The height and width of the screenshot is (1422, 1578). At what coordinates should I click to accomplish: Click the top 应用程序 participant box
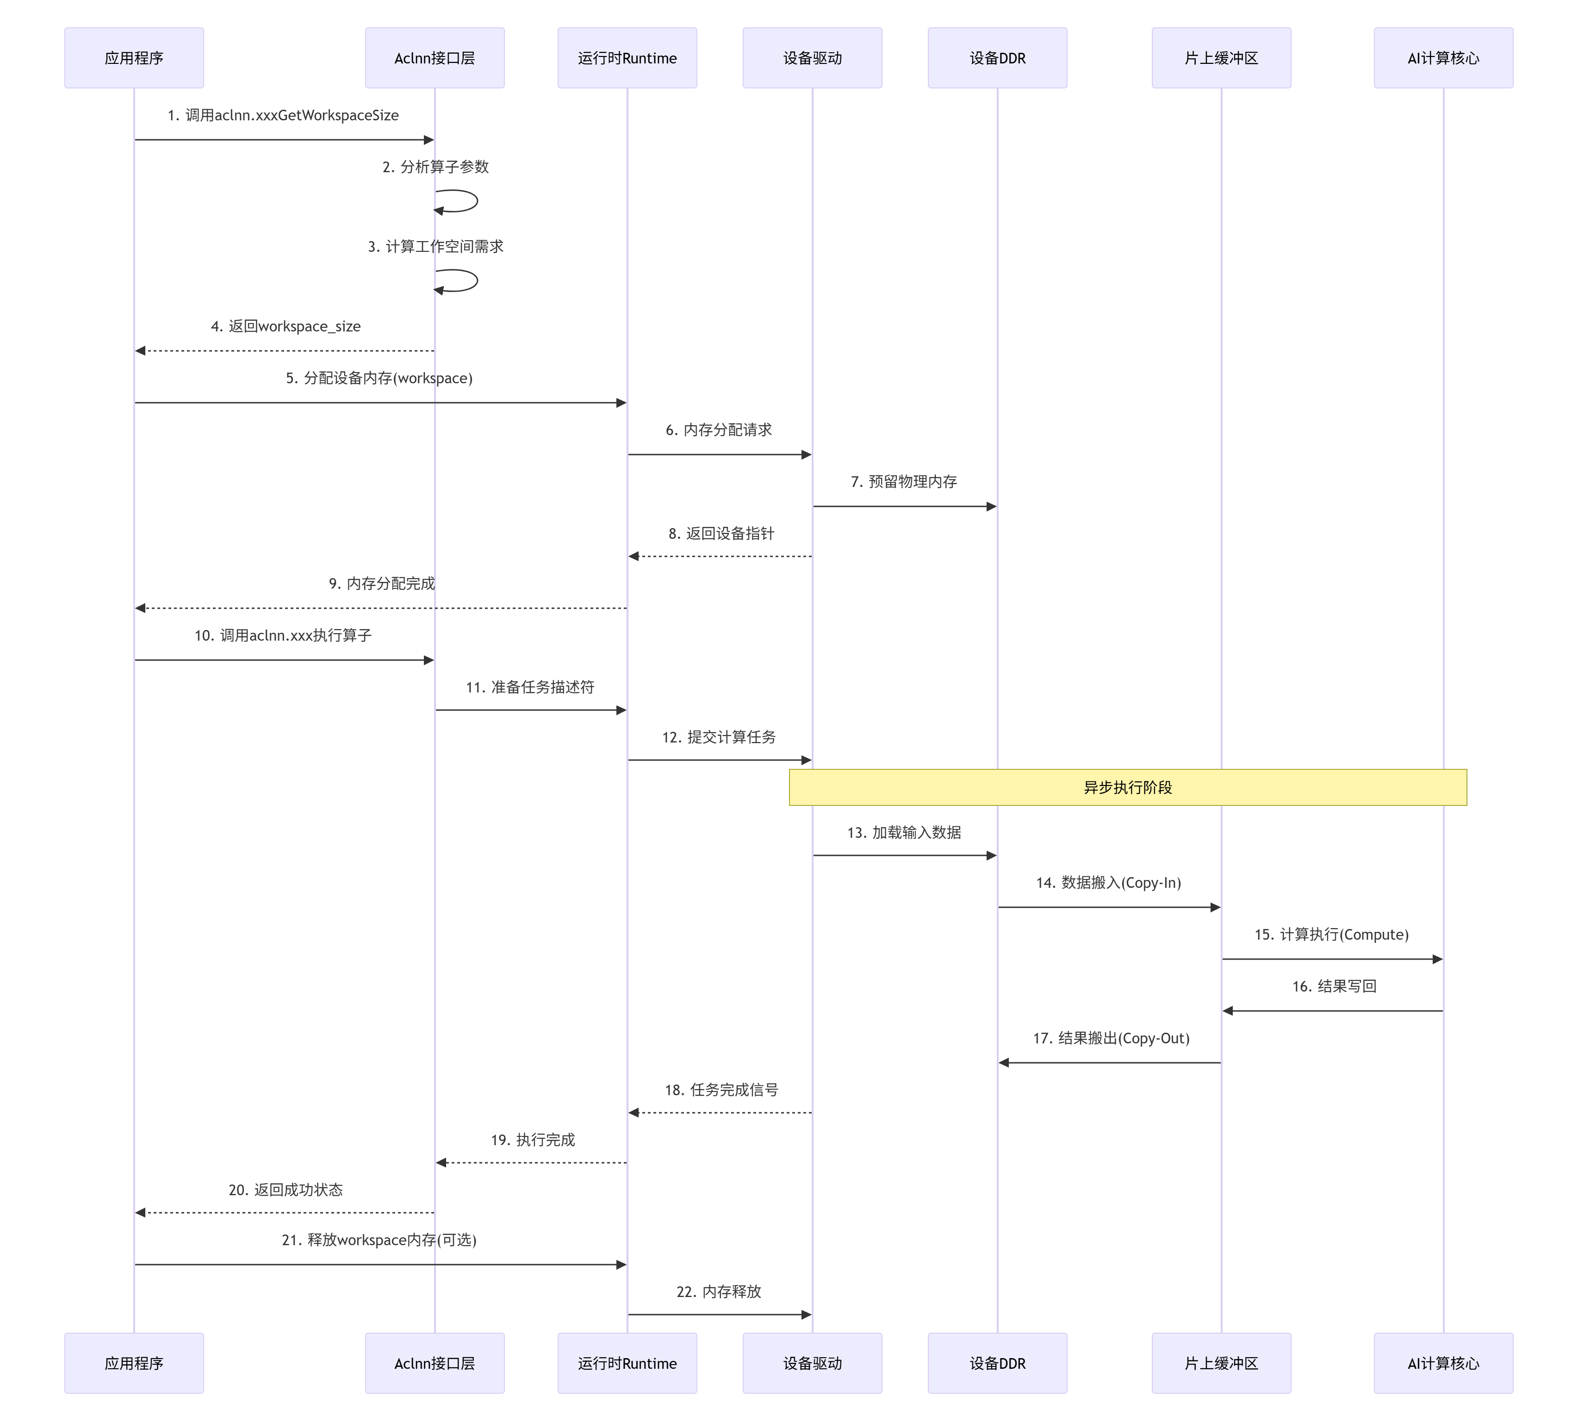(x=134, y=58)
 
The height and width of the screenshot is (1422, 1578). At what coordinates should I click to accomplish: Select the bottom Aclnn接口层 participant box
(x=435, y=1363)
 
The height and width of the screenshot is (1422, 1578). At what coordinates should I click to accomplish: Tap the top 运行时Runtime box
(x=627, y=58)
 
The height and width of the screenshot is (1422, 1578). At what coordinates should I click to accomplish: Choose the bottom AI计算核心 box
(x=1443, y=1363)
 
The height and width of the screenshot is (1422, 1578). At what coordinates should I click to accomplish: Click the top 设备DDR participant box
(x=997, y=58)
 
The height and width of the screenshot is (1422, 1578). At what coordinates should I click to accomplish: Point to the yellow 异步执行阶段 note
(x=1127, y=787)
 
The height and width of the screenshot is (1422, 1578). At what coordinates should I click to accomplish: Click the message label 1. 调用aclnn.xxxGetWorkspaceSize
(x=283, y=116)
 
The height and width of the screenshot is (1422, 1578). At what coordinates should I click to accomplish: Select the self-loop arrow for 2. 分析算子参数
(x=461, y=201)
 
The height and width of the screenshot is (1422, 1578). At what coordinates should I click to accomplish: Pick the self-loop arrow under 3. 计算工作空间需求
(x=461, y=281)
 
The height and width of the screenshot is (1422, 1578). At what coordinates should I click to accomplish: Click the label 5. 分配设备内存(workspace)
(x=379, y=378)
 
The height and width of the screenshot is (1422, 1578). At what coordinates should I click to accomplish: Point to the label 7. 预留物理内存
(x=904, y=482)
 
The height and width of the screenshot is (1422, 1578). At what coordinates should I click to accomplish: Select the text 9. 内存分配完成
(x=381, y=584)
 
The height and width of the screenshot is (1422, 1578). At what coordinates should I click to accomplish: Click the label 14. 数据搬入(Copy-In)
(x=1108, y=883)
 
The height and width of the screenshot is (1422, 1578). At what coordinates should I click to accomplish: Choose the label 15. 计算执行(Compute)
(x=1331, y=935)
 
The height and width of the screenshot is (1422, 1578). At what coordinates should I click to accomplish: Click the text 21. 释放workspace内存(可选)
(x=379, y=1240)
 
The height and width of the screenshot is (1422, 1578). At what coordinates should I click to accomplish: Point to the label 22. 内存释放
(x=719, y=1291)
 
